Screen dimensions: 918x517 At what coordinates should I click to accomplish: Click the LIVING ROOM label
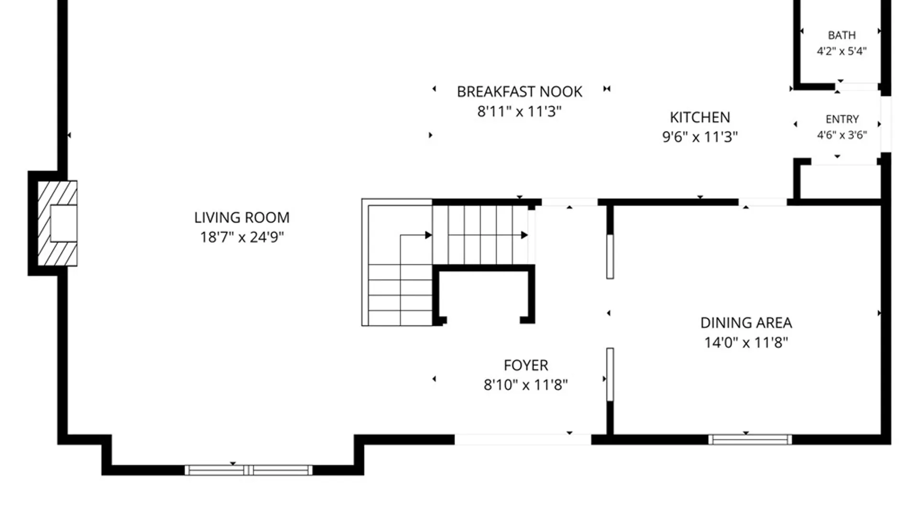coord(242,217)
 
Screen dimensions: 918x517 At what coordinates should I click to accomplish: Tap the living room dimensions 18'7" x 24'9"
coord(242,237)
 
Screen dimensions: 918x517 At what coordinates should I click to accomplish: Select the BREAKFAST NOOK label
coord(520,91)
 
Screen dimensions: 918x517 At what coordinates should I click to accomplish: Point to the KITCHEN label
coord(700,117)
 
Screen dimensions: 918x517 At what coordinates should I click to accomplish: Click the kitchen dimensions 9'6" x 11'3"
coord(700,137)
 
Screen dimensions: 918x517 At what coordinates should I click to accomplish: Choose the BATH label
coord(842,35)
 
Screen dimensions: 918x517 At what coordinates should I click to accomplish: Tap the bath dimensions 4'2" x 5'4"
coord(842,51)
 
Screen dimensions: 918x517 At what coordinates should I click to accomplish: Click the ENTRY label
coord(842,119)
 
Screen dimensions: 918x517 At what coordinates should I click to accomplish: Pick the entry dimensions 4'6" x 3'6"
coord(842,135)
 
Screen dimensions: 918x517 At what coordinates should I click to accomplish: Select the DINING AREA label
coord(746,323)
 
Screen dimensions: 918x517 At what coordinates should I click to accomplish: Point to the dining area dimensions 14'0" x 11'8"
coord(746,342)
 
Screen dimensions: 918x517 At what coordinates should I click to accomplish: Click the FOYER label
coord(526,365)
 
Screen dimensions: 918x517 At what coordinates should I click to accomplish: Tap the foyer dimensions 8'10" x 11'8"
coord(526,385)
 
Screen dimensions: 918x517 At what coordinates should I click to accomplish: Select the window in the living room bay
coord(249,470)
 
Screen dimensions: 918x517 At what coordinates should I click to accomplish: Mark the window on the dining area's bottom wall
coord(750,439)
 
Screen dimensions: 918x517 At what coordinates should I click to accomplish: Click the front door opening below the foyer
coord(523,439)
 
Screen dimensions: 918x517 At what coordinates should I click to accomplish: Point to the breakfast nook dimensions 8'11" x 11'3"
coord(520,112)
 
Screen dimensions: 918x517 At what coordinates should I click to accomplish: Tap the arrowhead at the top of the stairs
coord(525,235)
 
